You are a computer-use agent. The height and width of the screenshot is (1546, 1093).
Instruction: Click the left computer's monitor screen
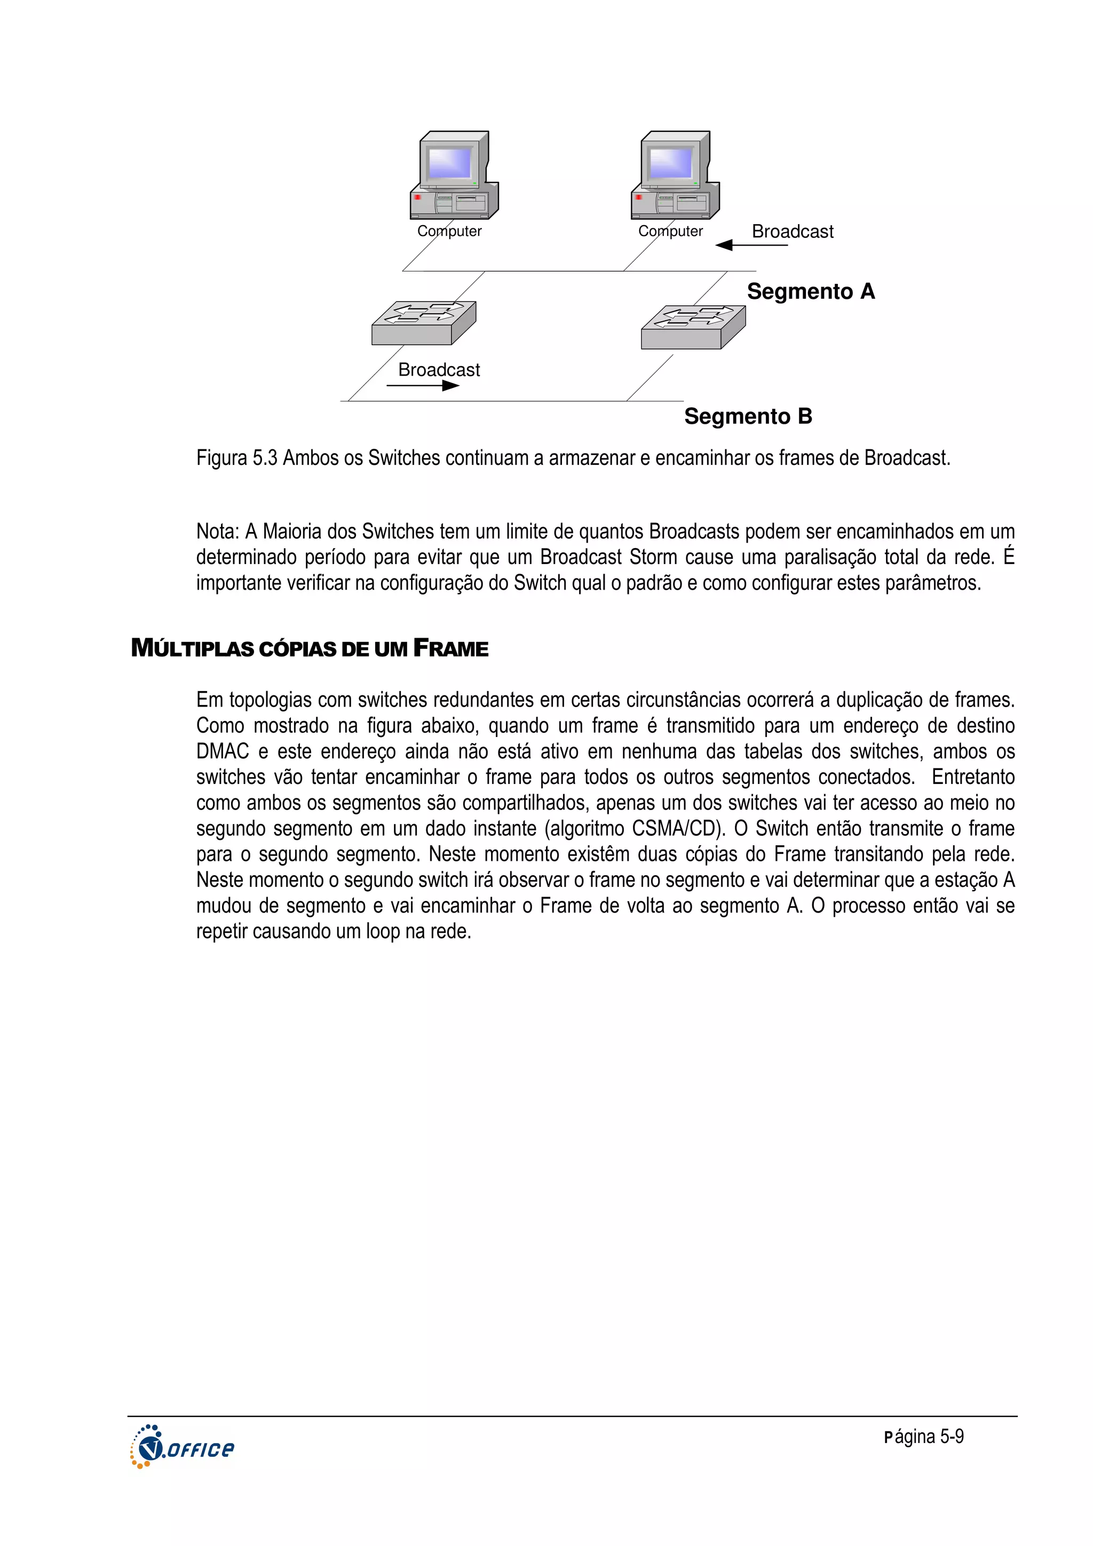click(449, 162)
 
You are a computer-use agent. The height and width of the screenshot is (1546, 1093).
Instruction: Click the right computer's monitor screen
click(670, 162)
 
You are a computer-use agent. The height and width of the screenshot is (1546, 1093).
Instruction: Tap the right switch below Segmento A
click(693, 327)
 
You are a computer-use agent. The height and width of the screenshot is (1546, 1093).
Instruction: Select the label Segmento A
click(810, 291)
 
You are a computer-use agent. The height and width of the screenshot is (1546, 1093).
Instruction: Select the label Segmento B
click(748, 416)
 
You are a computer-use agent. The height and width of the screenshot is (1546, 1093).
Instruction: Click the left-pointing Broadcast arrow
click(750, 245)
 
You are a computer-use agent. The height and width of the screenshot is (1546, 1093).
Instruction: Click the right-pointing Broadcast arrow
click(423, 386)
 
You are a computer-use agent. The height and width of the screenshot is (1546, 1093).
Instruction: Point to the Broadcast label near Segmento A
click(792, 232)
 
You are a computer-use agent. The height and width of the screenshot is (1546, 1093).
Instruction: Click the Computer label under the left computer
click(449, 231)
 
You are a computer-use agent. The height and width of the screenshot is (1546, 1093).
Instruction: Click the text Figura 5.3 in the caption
click(236, 458)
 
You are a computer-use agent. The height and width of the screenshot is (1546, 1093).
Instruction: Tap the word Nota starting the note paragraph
click(216, 532)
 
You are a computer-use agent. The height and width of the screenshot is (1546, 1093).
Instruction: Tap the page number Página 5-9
click(923, 1437)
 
